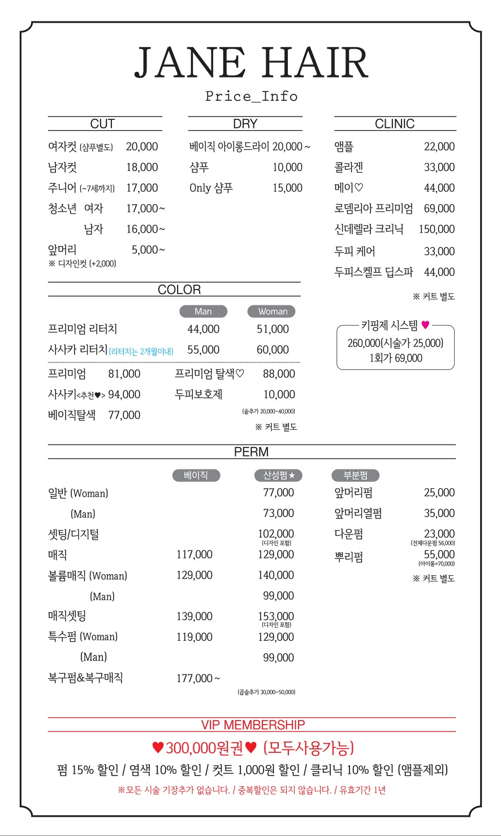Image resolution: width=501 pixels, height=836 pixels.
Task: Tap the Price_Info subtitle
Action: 251,96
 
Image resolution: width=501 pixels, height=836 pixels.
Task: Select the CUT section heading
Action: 102,124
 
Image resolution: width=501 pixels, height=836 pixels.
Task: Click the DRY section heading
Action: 245,124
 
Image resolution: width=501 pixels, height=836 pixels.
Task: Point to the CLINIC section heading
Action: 395,124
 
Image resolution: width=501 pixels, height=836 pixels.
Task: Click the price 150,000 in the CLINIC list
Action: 437,229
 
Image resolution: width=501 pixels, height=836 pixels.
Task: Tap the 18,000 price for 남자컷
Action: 142,167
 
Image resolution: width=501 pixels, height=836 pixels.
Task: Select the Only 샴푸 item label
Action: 211,188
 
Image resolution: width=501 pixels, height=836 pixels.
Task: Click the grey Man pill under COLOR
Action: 203,312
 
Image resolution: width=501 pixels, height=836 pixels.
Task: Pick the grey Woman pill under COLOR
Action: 273,312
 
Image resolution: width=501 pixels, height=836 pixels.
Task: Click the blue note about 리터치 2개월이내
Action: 141,351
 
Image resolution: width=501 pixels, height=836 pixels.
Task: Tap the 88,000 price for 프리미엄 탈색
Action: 279,374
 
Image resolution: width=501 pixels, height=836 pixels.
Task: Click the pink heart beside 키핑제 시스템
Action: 425,325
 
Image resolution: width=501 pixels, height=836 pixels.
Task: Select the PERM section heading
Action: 251,452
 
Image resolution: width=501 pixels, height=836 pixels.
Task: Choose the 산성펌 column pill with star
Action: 279,476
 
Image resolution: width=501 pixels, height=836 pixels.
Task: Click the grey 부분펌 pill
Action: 355,476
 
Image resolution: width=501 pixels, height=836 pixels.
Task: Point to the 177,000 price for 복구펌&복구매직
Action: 195,678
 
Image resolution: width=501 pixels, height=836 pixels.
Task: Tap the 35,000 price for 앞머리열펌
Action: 439,514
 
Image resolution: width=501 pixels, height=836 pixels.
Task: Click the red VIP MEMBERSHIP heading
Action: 253,725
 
